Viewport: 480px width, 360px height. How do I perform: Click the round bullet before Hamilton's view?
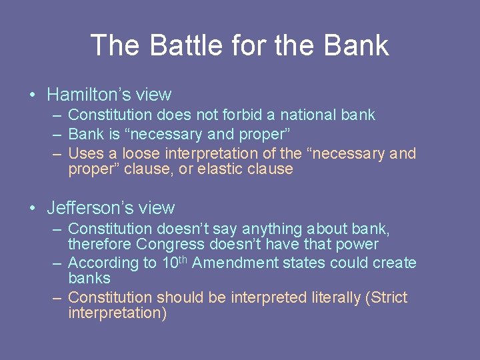(x=33, y=95)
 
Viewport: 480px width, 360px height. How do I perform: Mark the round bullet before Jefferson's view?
(x=33, y=209)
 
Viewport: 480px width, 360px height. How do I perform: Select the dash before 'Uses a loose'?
(x=57, y=153)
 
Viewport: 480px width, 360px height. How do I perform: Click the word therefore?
(x=100, y=244)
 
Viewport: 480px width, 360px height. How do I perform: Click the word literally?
(x=328, y=297)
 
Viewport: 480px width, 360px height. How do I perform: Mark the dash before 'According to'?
(x=57, y=263)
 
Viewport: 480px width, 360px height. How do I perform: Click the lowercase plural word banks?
(x=89, y=278)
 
